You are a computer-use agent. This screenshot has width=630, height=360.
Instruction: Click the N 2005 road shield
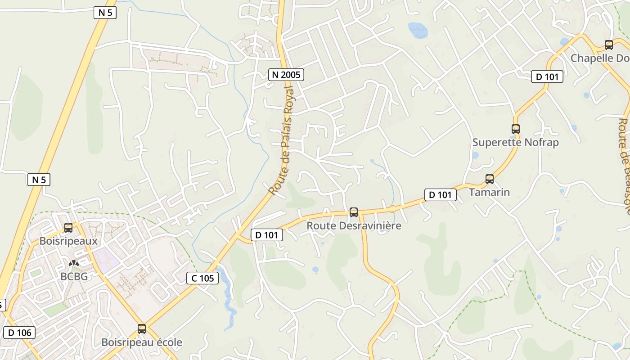click(x=286, y=75)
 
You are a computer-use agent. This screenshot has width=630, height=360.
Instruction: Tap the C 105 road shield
click(x=202, y=278)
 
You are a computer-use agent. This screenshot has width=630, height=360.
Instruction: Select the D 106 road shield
click(x=19, y=333)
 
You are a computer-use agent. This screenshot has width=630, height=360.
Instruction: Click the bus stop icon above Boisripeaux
click(x=68, y=228)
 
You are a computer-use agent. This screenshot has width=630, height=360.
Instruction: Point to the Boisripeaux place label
click(x=68, y=241)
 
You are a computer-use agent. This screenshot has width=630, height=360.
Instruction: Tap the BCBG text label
click(x=74, y=276)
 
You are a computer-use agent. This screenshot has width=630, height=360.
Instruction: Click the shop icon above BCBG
click(x=73, y=263)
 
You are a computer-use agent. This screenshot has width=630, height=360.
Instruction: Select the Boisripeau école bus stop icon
click(x=142, y=329)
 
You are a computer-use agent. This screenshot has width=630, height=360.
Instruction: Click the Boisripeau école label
click(x=142, y=342)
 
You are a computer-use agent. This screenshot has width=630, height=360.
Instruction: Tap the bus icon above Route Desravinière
click(x=354, y=212)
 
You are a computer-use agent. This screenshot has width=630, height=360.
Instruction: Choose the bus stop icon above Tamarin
click(x=490, y=179)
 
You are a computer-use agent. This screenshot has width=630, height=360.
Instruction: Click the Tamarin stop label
click(x=490, y=192)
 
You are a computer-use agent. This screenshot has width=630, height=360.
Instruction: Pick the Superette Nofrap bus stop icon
click(x=516, y=129)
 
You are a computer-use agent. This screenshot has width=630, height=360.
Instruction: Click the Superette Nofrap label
click(x=516, y=143)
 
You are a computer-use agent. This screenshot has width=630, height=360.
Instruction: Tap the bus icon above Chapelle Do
click(x=609, y=45)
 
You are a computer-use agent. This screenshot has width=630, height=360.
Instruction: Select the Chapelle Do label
click(x=600, y=58)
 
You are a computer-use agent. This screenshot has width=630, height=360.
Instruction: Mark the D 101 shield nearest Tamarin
click(x=441, y=195)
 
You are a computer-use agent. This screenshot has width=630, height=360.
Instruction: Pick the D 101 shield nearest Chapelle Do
click(x=547, y=77)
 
